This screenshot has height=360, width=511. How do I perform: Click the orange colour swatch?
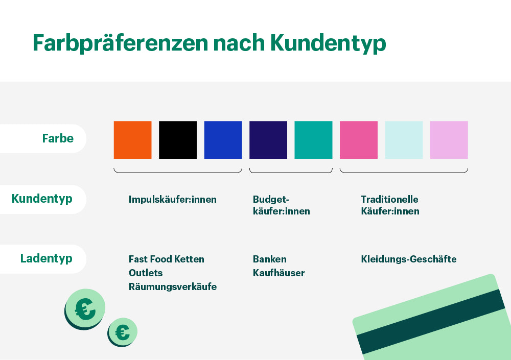(x=132, y=140)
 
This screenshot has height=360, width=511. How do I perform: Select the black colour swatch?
(x=178, y=140)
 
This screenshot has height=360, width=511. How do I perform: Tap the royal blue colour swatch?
(x=223, y=140)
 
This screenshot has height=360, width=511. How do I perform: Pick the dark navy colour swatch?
(x=268, y=140)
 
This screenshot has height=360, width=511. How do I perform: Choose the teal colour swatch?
(x=313, y=140)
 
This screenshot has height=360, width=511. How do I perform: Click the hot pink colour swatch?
(x=359, y=140)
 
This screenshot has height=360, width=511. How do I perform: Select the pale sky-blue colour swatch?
(x=404, y=140)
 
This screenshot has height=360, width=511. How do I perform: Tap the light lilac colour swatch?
(x=449, y=140)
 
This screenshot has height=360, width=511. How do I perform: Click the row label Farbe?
(x=58, y=138)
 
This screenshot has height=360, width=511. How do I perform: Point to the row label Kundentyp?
(x=42, y=199)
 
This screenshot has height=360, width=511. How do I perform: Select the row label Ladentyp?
(x=46, y=258)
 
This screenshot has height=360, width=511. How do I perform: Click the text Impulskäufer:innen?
(x=173, y=200)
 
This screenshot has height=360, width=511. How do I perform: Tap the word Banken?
(x=270, y=259)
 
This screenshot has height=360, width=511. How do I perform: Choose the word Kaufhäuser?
(x=278, y=273)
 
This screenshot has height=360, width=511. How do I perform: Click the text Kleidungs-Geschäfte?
(x=409, y=259)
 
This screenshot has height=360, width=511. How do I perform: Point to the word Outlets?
(x=146, y=273)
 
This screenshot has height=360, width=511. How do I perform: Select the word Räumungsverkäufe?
(x=173, y=287)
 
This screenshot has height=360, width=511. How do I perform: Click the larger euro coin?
(x=85, y=308)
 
